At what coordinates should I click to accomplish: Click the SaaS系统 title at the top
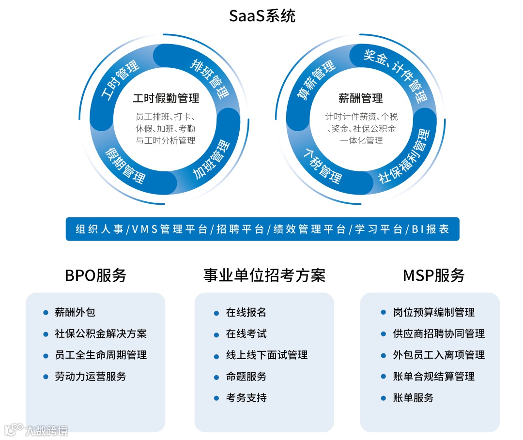point(262,16)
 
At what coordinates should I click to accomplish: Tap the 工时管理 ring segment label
point(120,79)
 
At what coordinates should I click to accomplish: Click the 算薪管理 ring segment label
point(316,80)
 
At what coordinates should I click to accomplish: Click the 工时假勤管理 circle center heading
point(166,98)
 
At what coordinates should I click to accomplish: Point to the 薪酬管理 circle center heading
point(361,98)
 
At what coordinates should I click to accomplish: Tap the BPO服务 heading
point(95,275)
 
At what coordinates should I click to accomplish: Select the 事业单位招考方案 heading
point(264,275)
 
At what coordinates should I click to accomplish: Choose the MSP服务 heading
point(433,275)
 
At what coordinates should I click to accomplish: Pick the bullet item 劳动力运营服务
point(91,376)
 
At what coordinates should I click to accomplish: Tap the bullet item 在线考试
point(246,334)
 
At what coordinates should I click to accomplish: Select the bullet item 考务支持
point(246,398)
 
